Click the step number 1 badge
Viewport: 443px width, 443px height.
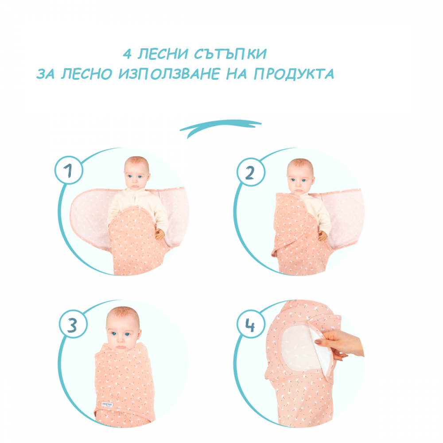pos(69,171)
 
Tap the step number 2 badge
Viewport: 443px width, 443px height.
pos(251,172)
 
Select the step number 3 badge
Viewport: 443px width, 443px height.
pos(73,324)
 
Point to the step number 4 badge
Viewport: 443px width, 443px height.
pos(251,324)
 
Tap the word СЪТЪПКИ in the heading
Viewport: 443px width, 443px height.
pos(230,54)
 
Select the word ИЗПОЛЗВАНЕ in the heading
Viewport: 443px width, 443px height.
pos(169,74)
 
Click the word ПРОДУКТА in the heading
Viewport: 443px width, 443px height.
pos(294,74)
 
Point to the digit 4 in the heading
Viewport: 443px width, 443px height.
pos(127,54)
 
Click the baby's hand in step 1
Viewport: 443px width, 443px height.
pos(159,234)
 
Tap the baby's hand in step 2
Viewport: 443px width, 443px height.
pos(323,235)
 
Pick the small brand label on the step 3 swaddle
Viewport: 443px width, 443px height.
pos(108,404)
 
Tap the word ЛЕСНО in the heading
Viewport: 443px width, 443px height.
pos(87,74)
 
